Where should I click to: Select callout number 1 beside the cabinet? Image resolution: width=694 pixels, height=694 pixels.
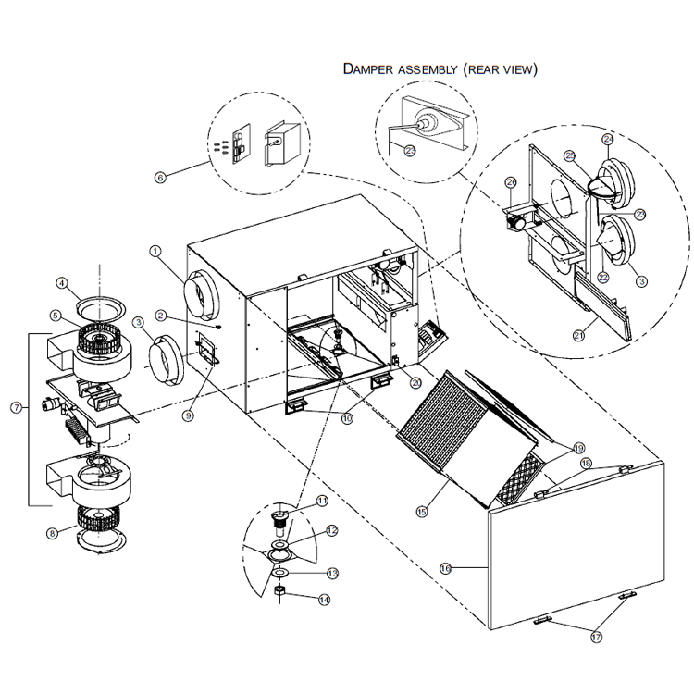tap(155, 251)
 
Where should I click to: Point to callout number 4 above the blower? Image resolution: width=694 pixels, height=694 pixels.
tap(61, 283)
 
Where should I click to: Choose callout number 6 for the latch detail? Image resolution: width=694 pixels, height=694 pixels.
tap(160, 177)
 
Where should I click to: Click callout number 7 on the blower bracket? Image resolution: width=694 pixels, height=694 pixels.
tap(15, 407)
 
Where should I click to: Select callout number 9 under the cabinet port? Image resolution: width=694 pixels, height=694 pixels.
tap(188, 416)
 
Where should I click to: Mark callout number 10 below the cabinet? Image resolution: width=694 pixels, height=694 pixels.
tap(347, 418)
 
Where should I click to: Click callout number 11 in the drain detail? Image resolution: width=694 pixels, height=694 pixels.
tap(322, 501)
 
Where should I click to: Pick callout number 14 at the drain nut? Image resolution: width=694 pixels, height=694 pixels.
tap(324, 600)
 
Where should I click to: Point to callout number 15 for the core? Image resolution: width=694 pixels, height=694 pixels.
tap(424, 510)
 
